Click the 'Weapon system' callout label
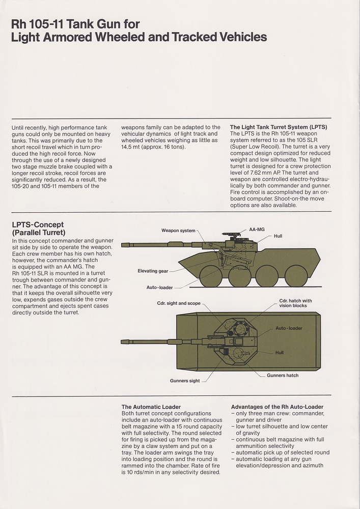(x=178, y=231)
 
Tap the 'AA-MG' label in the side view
(x=257, y=230)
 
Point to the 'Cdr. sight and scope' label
(x=179, y=303)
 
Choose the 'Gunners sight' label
(x=185, y=381)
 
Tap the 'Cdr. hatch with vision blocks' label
(x=295, y=303)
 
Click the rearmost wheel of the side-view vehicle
(x=296, y=276)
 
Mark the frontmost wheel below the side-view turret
(x=211, y=276)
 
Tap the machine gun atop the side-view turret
(x=232, y=235)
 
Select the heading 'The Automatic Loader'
(x=151, y=407)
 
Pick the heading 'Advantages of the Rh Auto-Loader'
(x=277, y=407)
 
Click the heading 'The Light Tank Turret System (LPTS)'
(x=279, y=127)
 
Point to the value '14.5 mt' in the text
(x=132, y=147)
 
